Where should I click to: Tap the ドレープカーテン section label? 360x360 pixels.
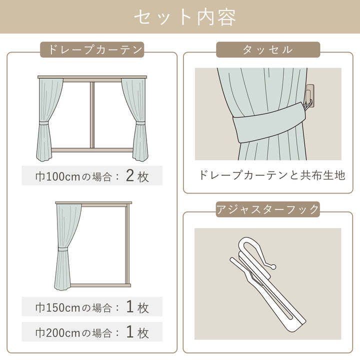(92, 50)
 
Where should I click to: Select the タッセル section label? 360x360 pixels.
(267, 50)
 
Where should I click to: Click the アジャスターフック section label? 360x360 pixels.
(267, 209)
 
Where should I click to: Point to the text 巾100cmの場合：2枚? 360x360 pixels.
(92, 176)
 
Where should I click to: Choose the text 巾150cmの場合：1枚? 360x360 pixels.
(92, 307)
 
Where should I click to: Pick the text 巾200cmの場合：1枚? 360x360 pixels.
(92, 331)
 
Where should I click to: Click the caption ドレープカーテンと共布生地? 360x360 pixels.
(272, 175)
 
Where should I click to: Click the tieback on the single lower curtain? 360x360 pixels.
(63, 248)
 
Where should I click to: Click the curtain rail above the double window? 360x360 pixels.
(92, 77)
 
